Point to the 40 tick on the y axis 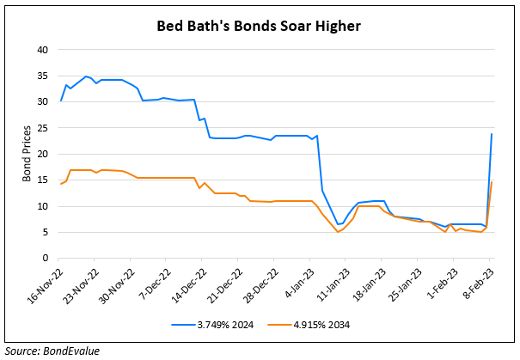point(41,50)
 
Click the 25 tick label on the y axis point(41,128)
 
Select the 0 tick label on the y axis point(44,259)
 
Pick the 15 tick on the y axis point(41,180)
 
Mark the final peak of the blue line point(491,134)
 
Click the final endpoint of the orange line point(491,182)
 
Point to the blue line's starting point point(60,101)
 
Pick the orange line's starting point point(60,185)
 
